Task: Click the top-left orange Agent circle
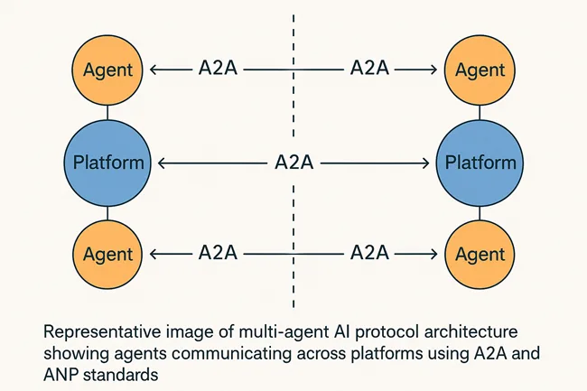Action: [x=107, y=69]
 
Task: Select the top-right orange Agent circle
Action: [x=480, y=69]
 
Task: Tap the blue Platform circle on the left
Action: [x=107, y=163]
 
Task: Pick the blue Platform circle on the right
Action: [x=480, y=163]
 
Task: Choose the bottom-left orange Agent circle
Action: [x=107, y=255]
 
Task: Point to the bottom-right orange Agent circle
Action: [x=480, y=255]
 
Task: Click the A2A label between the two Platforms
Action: [x=293, y=163]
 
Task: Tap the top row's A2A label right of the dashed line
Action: [x=368, y=69]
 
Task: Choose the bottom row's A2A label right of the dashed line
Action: [x=368, y=254]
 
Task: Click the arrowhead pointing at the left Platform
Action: [x=160, y=163]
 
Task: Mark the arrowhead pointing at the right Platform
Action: [x=425, y=163]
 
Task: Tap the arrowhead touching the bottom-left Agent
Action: [x=153, y=254]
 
